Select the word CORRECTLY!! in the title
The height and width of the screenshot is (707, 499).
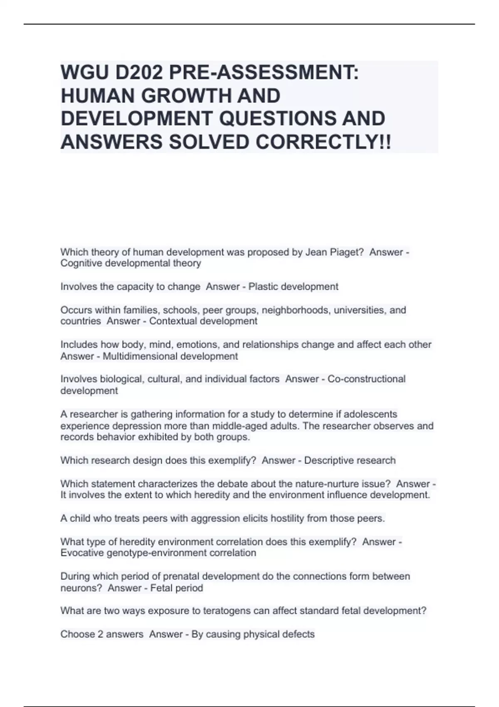pyautogui.click(x=323, y=142)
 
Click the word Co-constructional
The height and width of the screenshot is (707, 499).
pyautogui.click(x=366, y=379)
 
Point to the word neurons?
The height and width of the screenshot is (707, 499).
pyautogui.click(x=81, y=588)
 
